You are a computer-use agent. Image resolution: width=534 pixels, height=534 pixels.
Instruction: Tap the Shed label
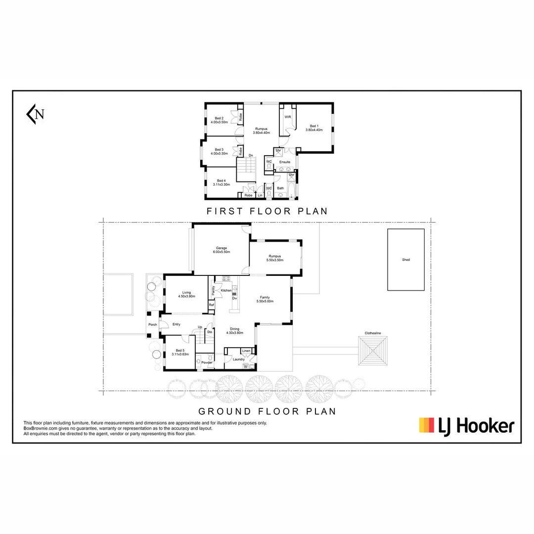405,260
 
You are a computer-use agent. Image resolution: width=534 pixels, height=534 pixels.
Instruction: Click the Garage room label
221,248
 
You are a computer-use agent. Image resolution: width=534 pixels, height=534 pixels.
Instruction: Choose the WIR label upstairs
287,117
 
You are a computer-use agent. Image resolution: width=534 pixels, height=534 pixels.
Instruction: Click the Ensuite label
285,162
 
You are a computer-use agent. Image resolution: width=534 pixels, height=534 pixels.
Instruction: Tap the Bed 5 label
180,350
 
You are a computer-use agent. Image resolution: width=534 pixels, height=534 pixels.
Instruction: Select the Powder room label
207,363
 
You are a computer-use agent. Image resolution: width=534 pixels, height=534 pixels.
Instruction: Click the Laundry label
239,359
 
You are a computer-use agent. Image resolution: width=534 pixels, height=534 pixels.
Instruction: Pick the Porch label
153,324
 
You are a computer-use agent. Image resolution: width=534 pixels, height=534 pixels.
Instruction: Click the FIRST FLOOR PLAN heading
267,211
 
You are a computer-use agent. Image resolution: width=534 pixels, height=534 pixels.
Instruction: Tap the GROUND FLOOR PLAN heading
267,411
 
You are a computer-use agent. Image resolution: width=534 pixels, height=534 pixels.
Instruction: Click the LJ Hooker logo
467,425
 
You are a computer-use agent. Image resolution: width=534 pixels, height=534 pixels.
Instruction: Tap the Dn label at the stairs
251,156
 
